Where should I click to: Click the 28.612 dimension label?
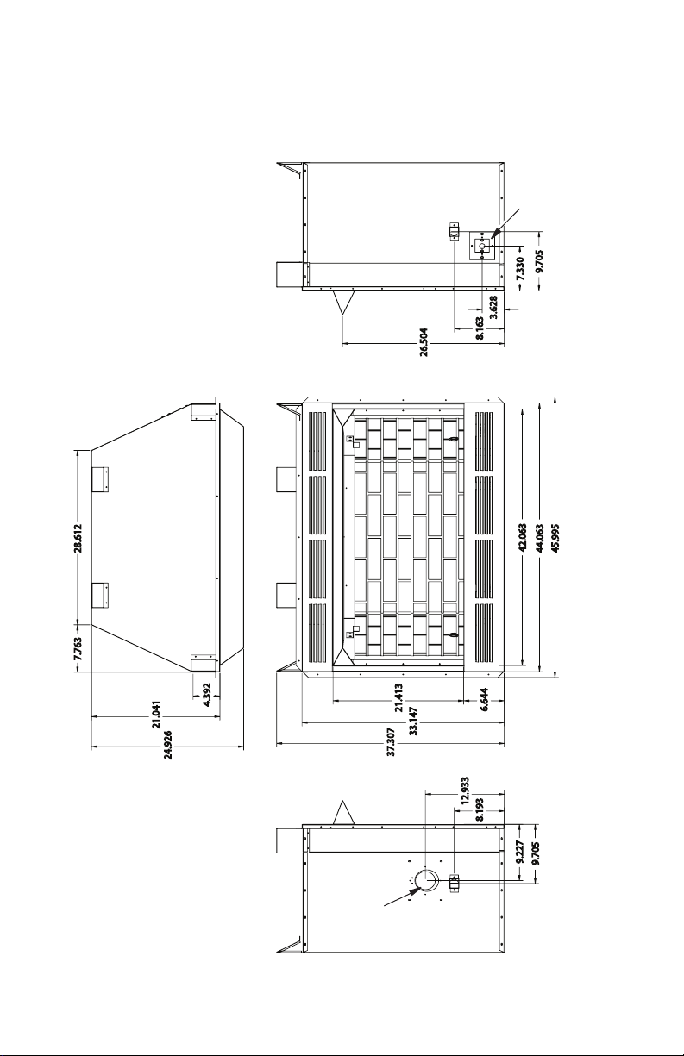click(78, 537)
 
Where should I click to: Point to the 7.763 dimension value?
click(78, 648)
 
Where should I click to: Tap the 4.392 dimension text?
click(207, 695)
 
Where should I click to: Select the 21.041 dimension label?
click(157, 715)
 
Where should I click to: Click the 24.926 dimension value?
click(168, 745)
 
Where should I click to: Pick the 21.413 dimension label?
click(398, 698)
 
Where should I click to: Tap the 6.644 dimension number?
click(485, 700)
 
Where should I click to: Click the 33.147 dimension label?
click(413, 721)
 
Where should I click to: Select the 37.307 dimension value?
click(391, 741)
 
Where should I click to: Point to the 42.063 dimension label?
click(522, 537)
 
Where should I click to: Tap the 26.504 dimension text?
click(424, 342)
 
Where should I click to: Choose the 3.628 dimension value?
click(494, 308)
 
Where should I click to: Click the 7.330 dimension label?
click(520, 268)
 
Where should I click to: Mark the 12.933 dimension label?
click(465, 790)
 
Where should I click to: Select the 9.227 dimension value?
click(519, 853)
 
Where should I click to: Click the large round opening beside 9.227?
click(426, 878)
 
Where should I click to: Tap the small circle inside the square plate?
click(482, 246)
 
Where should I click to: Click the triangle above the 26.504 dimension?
click(343, 303)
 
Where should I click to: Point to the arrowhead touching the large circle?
click(415, 890)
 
